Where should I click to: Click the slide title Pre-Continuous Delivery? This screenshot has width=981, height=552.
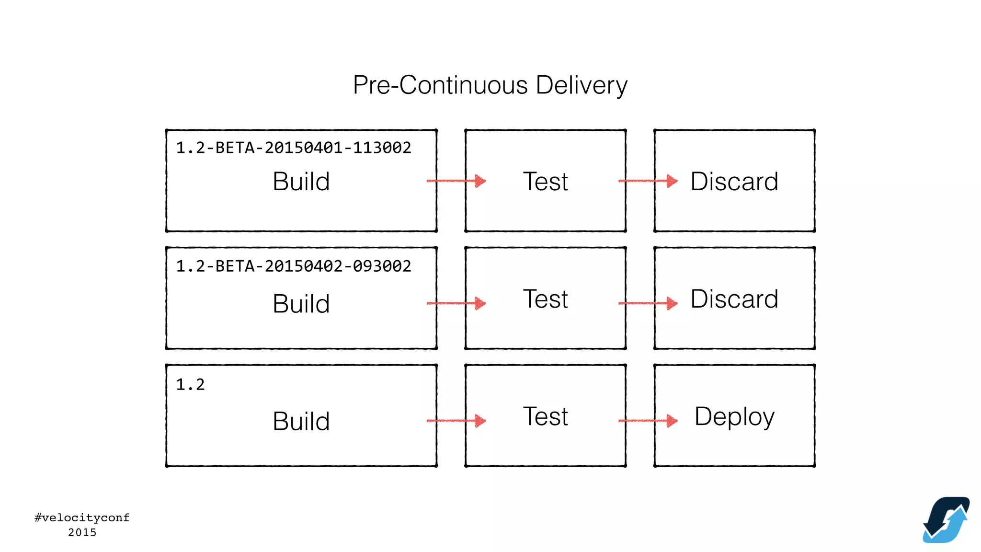tap(490, 85)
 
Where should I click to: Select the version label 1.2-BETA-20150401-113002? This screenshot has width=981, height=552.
tap(293, 148)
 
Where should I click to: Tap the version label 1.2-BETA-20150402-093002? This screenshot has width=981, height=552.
tap(293, 266)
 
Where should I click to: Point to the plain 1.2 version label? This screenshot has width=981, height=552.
tap(190, 384)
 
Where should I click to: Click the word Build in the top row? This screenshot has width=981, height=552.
tap(301, 182)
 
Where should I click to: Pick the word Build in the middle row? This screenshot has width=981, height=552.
tap(301, 304)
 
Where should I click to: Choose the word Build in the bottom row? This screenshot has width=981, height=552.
tap(301, 421)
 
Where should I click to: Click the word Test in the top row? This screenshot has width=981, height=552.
tap(545, 182)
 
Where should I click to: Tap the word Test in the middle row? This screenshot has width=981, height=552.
tap(545, 299)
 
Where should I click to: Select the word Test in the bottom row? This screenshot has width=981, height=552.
tap(545, 416)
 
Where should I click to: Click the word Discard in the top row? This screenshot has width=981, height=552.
tap(734, 182)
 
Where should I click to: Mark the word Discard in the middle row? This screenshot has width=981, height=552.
tap(734, 299)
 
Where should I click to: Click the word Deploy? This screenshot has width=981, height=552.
tap(734, 416)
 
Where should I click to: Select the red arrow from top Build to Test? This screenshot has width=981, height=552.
tap(456, 181)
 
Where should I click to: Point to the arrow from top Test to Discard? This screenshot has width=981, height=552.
tap(648, 181)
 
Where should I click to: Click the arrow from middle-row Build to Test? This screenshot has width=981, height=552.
tap(456, 303)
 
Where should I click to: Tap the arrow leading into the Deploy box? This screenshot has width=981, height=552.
tap(648, 421)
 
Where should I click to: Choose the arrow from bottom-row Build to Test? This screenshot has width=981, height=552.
tap(456, 421)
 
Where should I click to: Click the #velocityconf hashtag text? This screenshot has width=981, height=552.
tap(82, 517)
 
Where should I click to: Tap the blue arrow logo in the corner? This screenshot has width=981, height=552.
tap(946, 520)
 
